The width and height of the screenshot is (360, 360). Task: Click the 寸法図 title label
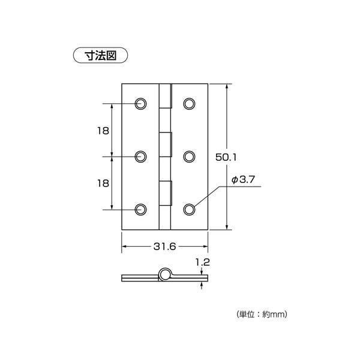point(100,55)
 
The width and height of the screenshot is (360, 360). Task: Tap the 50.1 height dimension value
point(226,157)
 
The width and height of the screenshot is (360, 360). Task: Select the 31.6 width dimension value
point(164,247)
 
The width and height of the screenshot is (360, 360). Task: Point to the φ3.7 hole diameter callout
point(243,179)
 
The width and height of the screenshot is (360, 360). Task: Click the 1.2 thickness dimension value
point(203,262)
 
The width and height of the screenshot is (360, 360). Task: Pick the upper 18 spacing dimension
point(103,131)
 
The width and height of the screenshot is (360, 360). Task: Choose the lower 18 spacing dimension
point(103,184)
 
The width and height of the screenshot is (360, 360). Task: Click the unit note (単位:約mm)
point(262,314)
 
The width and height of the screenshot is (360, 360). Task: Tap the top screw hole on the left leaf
point(141,104)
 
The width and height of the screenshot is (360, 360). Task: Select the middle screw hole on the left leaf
point(141,157)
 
